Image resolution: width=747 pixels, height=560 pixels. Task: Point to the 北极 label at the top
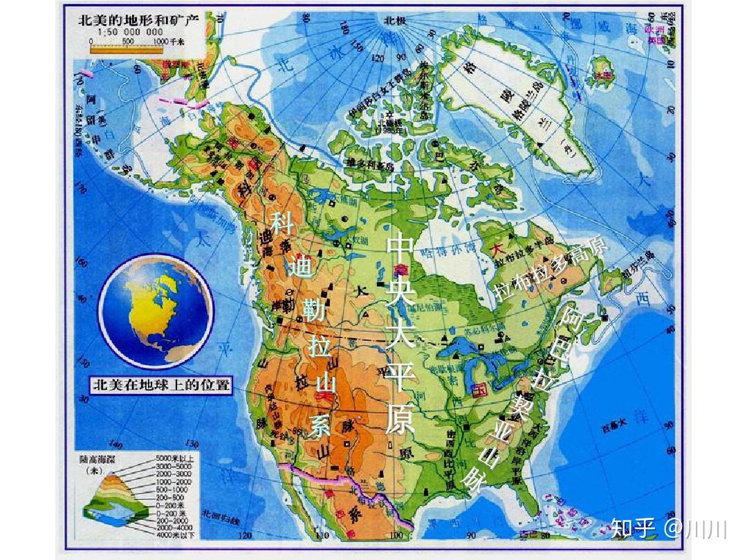tap(395, 21)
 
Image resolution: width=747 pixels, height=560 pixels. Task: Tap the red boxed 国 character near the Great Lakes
tap(478, 391)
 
